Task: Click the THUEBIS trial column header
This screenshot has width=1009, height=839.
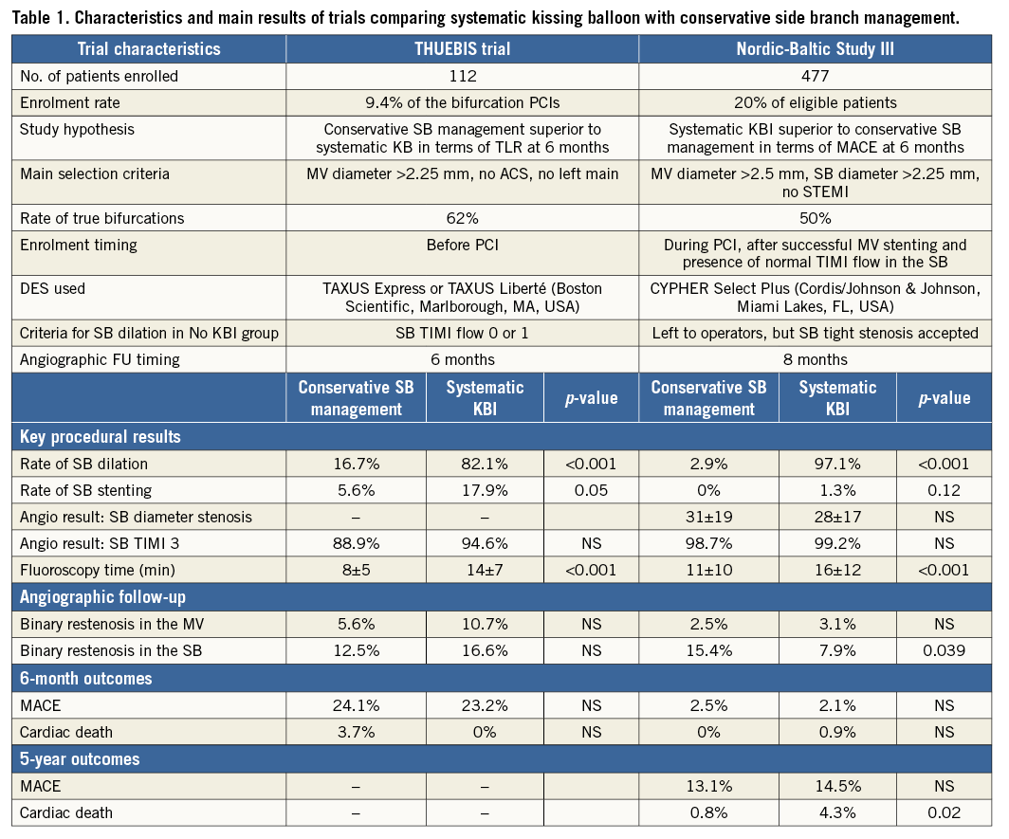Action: [x=462, y=48]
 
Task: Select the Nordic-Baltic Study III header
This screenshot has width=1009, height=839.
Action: [x=816, y=48]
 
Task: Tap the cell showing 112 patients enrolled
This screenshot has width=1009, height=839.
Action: [x=462, y=76]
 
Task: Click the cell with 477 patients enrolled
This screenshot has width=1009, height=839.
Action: [x=816, y=76]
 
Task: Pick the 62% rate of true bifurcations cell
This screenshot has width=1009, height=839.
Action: [x=462, y=218]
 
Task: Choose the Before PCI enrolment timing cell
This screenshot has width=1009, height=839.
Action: [x=462, y=245]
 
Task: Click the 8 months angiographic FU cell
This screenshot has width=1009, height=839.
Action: [x=816, y=359]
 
